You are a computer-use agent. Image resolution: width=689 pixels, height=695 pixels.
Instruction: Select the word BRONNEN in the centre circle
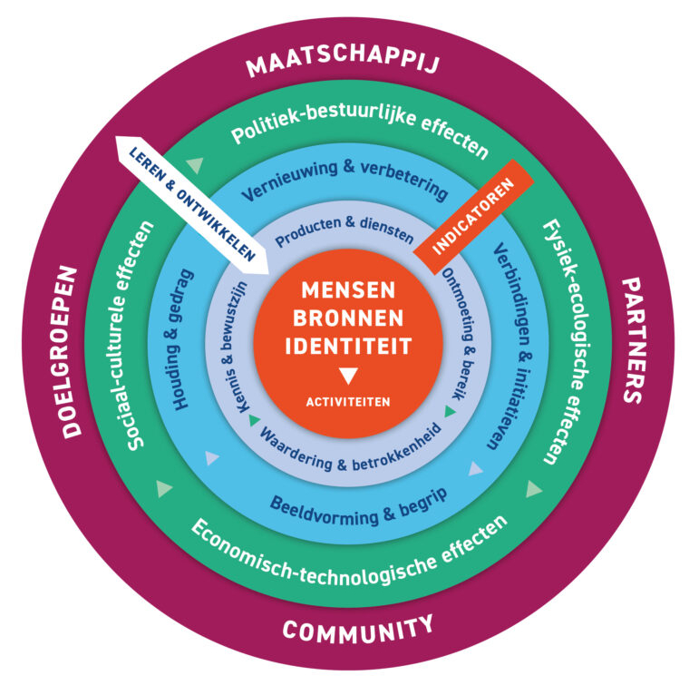point(348,318)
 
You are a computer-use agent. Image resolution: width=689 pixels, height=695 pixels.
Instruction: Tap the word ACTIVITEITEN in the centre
point(348,401)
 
